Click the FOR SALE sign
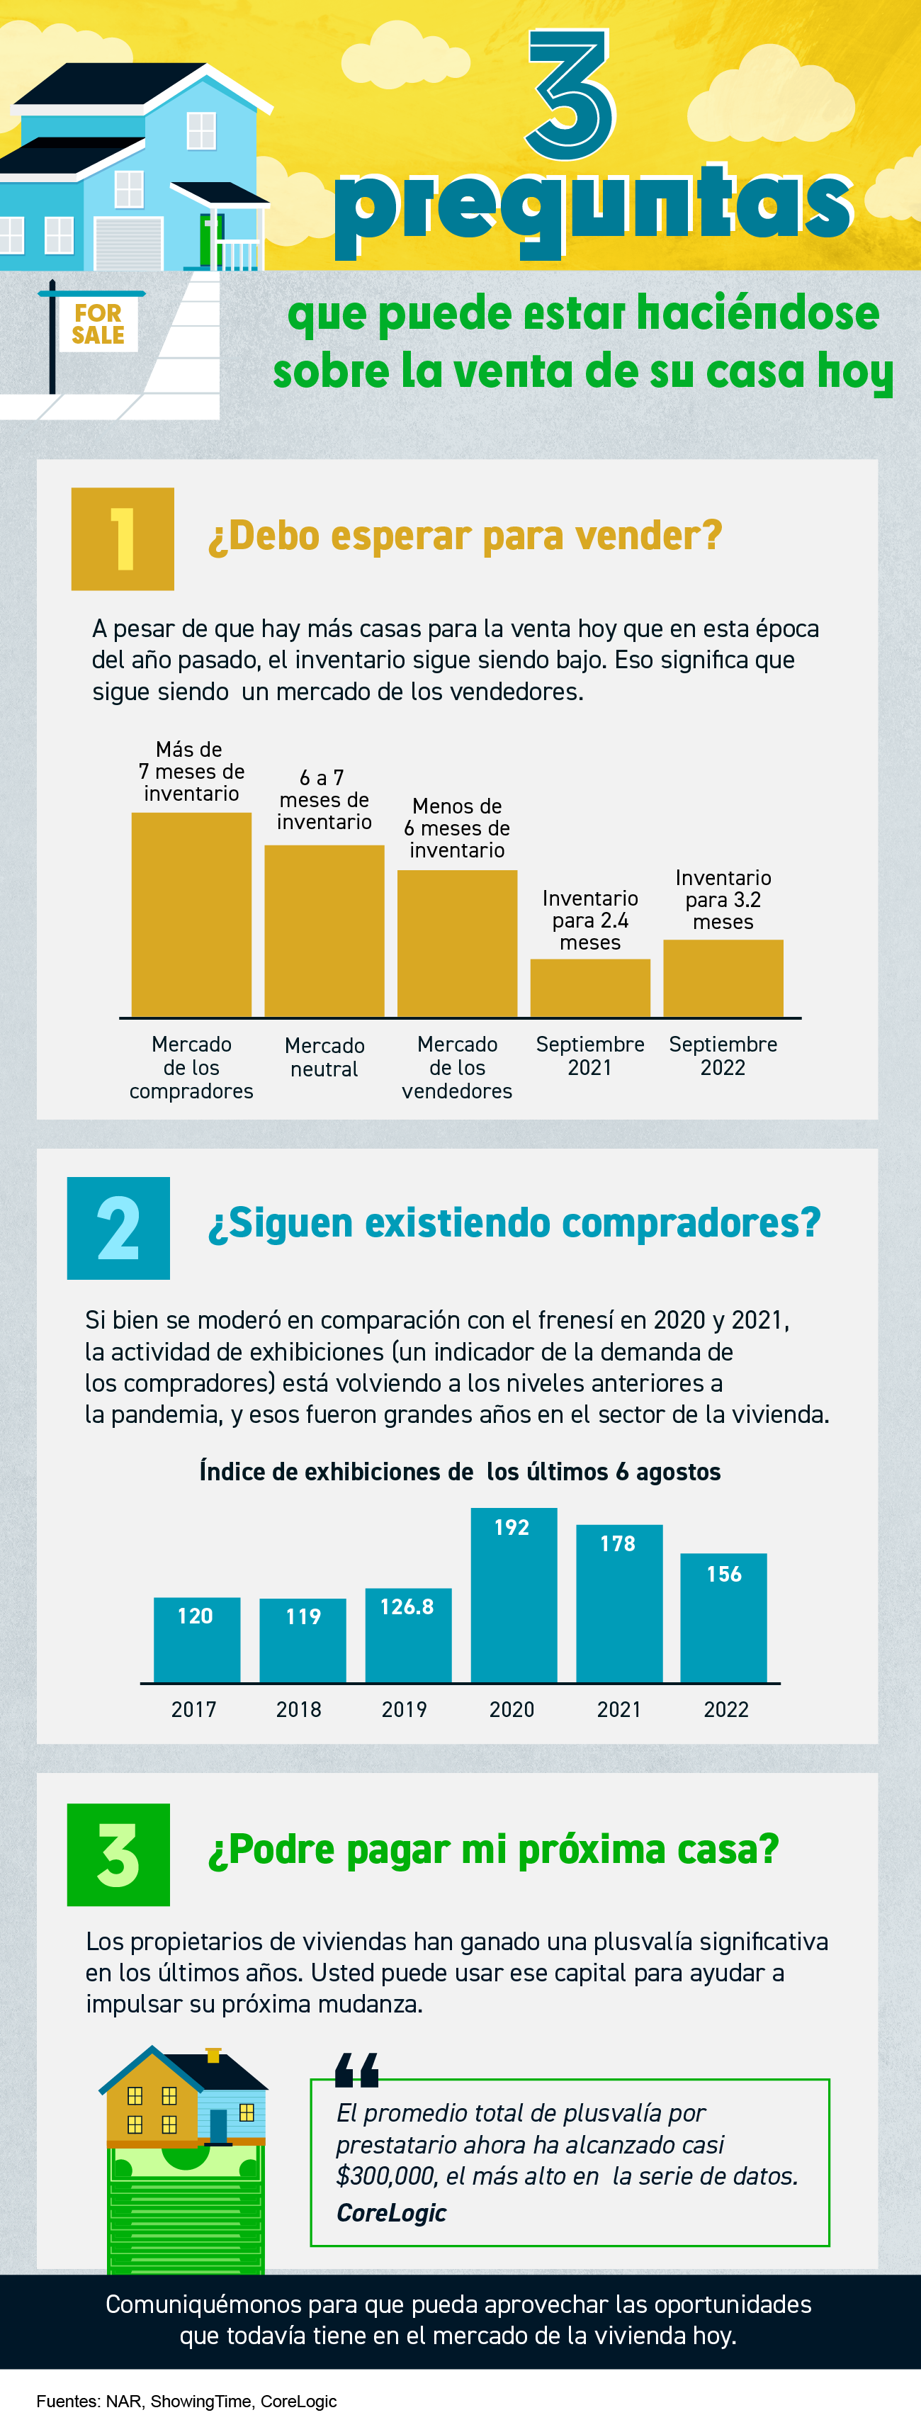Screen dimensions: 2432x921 tap(98, 324)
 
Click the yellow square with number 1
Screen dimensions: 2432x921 tap(123, 539)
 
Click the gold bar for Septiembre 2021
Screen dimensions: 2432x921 tap(589, 988)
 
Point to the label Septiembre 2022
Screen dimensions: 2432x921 tap(723, 1056)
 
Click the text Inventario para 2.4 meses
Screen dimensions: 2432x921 tap(589, 920)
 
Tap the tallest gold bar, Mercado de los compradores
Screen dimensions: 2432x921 tap(191, 914)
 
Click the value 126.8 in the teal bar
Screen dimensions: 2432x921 tap(407, 1607)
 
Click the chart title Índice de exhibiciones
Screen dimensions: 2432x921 tap(460, 1472)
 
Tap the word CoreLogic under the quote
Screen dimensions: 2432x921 tap(390, 2213)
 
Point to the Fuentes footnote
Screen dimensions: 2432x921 tap(187, 2401)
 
